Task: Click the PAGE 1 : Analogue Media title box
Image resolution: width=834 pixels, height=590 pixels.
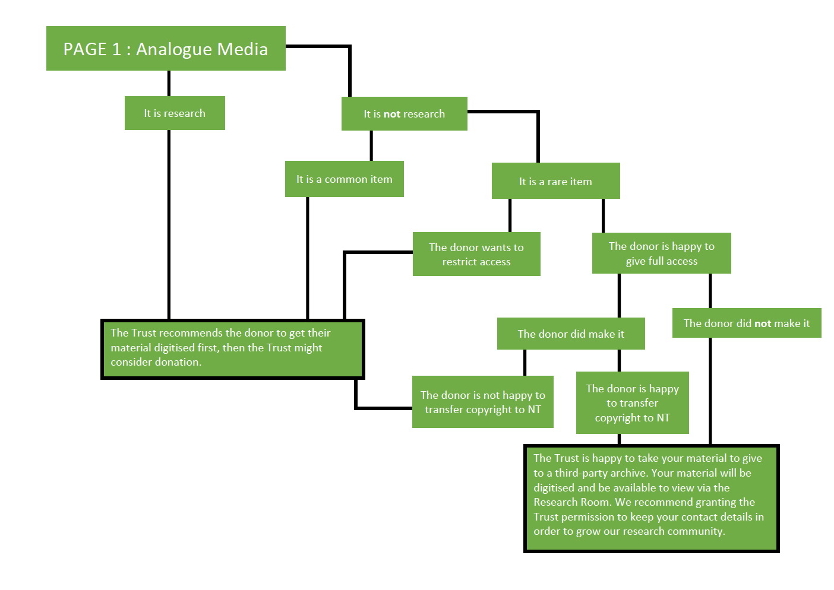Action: click(166, 49)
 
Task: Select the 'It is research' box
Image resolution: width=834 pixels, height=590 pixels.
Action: click(175, 113)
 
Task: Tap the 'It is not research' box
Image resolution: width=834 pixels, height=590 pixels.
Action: click(404, 114)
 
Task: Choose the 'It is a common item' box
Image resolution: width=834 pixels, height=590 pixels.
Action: click(344, 179)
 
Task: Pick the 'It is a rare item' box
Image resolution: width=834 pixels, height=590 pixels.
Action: click(555, 182)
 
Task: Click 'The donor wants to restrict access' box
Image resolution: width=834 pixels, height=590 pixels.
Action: click(476, 255)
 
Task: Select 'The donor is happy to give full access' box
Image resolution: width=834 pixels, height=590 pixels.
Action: click(661, 253)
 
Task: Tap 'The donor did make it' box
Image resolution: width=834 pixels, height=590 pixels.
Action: click(571, 334)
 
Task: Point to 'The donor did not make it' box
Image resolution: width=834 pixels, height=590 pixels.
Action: click(746, 323)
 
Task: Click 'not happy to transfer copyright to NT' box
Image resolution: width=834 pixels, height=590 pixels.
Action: click(482, 402)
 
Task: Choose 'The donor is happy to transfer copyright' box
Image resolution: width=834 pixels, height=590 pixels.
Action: click(632, 403)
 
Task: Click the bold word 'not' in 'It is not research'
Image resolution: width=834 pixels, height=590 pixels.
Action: click(392, 114)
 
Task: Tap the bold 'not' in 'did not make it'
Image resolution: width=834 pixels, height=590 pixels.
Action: click(763, 323)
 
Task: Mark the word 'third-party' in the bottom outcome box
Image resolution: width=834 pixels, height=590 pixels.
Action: click(583, 473)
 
